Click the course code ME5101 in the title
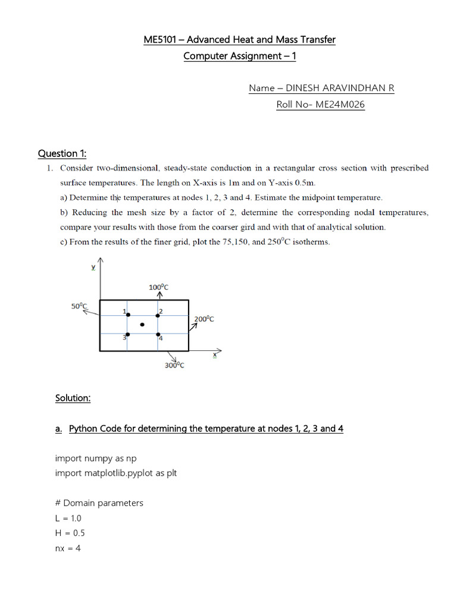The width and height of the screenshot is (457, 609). [x=162, y=40]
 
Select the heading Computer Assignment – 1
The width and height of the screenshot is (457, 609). [x=239, y=56]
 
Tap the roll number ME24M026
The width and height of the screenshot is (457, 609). [x=342, y=105]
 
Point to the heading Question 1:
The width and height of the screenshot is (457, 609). [x=62, y=153]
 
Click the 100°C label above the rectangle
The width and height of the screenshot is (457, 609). [x=158, y=287]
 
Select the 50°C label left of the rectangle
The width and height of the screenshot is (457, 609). [x=79, y=306]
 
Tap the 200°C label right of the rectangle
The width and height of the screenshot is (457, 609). [x=204, y=319]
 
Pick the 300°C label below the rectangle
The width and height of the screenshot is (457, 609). [x=174, y=366]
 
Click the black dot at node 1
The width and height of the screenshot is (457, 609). [x=127, y=315]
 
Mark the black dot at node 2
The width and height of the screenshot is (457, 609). [x=158, y=315]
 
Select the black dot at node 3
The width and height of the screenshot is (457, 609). [x=127, y=334]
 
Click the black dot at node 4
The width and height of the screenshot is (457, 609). [x=158, y=334]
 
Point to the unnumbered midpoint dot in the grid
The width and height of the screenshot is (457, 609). [x=142, y=325]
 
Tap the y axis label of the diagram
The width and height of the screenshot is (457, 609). [x=93, y=268]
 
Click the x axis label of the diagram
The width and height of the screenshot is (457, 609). [x=215, y=355]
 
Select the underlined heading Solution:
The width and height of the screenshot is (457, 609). [x=73, y=398]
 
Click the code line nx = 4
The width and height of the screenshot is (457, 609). [x=68, y=548]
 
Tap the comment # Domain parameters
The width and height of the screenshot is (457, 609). [x=99, y=503]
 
